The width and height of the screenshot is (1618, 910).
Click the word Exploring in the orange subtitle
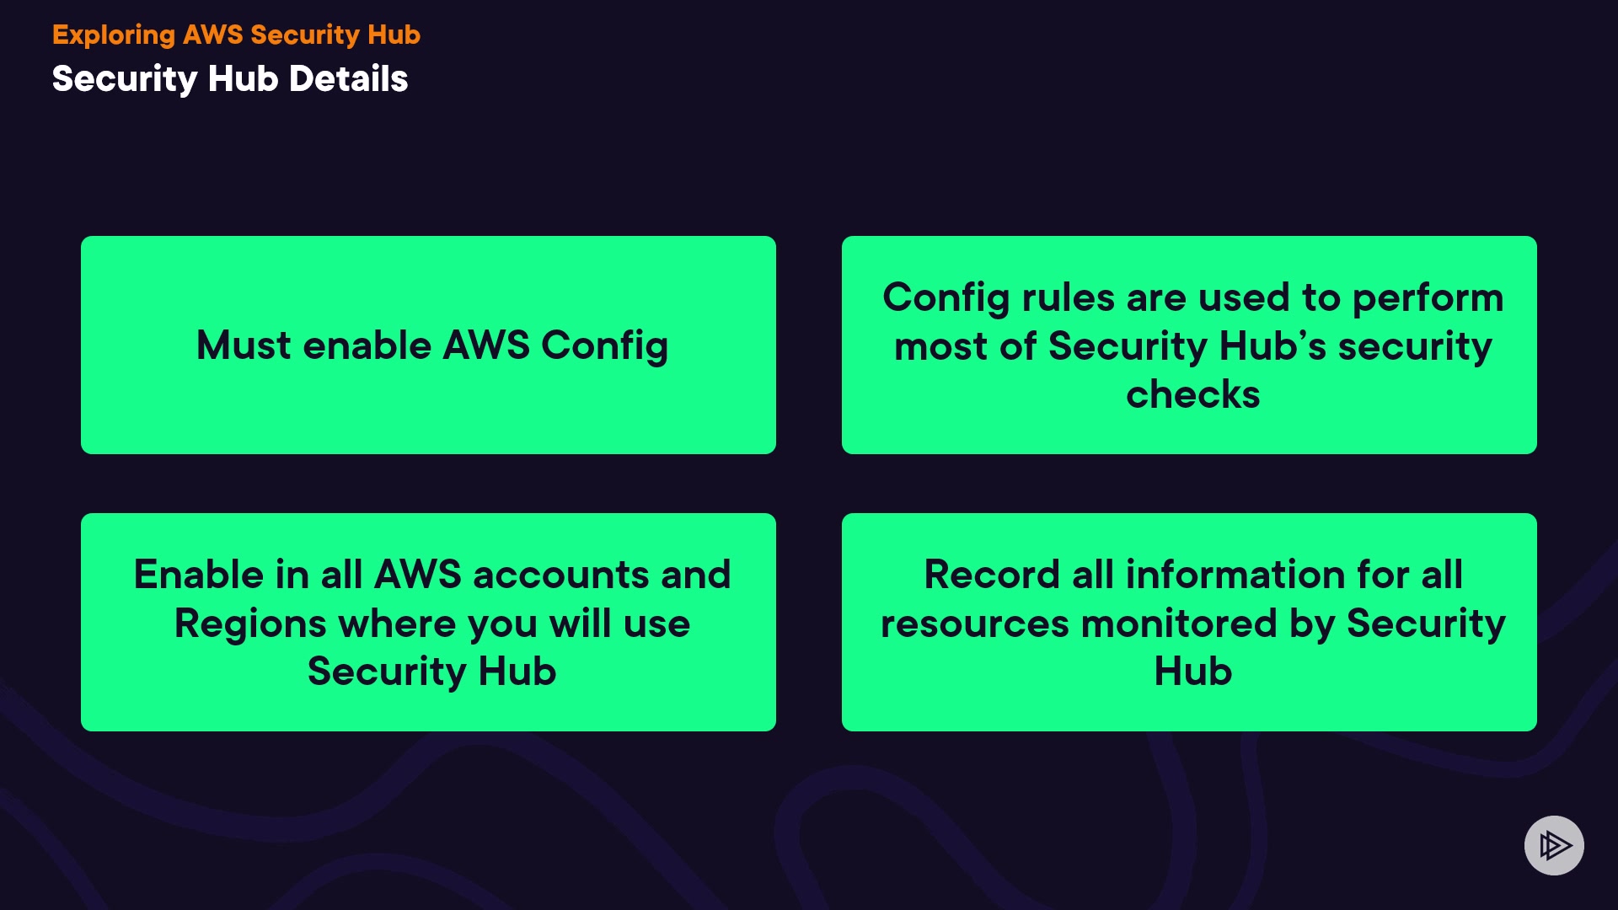[114, 35]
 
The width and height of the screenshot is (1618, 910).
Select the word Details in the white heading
[348, 79]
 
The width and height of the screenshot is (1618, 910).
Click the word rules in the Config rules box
[1068, 297]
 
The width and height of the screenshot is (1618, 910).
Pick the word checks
[1192, 394]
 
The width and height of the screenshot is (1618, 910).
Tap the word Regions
[250, 624]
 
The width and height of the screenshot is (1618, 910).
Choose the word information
[1235, 575]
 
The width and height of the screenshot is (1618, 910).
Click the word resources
[975, 624]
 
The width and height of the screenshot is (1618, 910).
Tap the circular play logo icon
[1554, 845]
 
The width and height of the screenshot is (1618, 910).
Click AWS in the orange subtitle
[212, 35]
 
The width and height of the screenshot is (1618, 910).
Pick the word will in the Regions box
[581, 624]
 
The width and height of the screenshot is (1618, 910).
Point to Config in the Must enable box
[604, 345]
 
